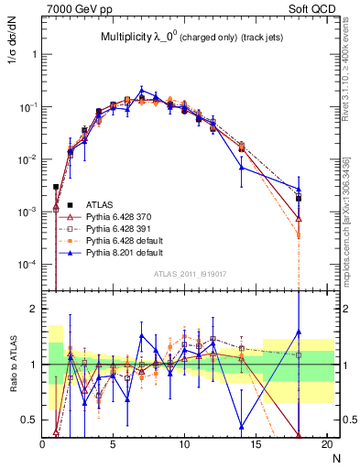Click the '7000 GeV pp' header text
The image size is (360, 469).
point(78,8)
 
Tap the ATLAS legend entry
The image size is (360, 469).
point(100,204)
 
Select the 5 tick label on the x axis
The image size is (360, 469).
point(113,444)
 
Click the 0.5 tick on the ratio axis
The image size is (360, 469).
point(31,420)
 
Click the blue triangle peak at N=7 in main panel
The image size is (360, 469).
point(141,90)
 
